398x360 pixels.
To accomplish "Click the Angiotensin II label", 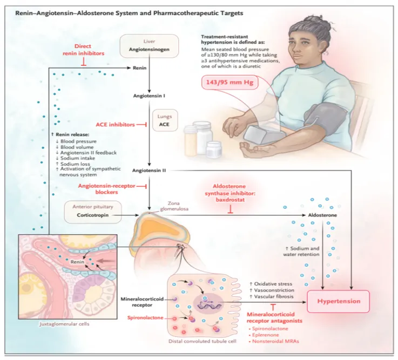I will click(x=150, y=169).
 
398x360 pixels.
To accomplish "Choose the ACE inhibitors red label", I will click(x=114, y=125).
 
